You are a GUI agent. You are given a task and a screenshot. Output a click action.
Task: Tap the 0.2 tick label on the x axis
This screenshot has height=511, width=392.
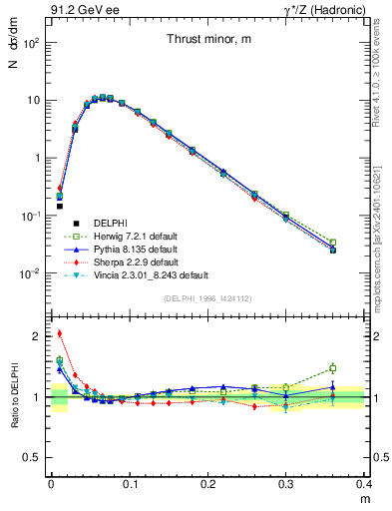pos(207,483)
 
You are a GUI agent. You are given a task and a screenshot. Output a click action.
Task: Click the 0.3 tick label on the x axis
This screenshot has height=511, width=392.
pos(286,483)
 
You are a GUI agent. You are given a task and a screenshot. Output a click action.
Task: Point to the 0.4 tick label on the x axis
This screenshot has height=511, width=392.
pos(363,483)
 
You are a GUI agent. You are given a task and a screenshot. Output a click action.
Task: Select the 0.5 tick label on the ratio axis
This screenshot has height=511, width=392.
pos(33,457)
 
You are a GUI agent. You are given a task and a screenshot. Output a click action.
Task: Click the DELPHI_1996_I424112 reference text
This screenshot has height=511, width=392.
pos(207,298)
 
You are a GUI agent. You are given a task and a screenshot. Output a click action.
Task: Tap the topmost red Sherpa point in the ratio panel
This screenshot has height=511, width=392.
pos(59,333)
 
